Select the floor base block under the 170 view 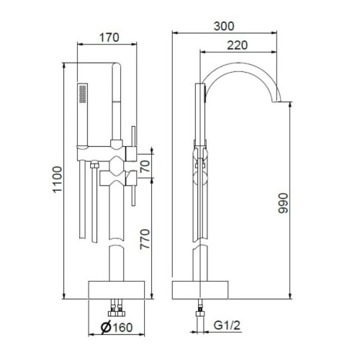point(118,289)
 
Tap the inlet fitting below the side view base point(199,310)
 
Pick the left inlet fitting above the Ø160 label point(112,311)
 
